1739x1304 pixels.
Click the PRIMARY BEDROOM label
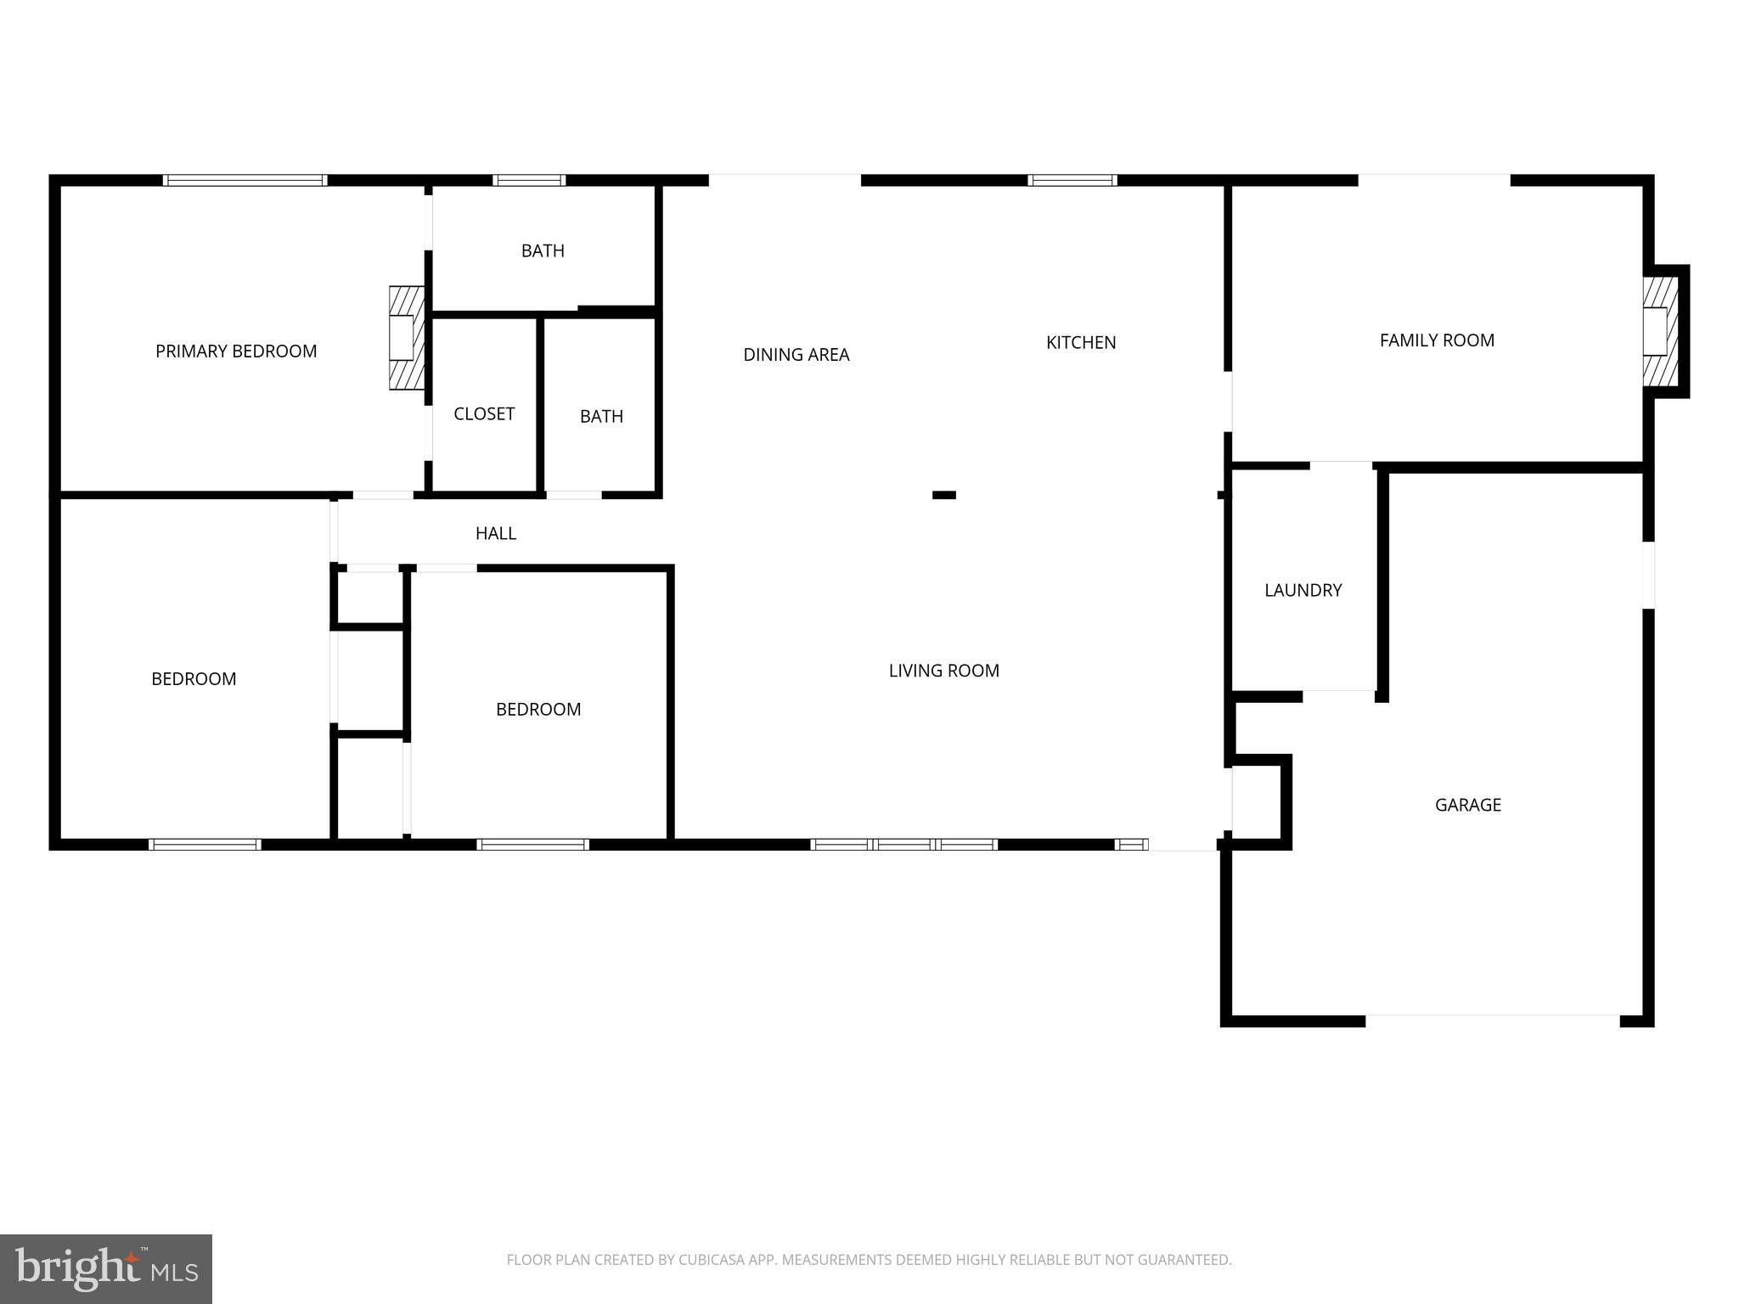click(x=236, y=351)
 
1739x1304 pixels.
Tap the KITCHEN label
click(x=1081, y=343)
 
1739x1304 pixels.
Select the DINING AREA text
click(x=796, y=355)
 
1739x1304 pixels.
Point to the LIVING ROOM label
click(x=943, y=671)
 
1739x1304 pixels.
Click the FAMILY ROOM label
click(x=1437, y=340)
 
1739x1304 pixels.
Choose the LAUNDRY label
click(x=1303, y=590)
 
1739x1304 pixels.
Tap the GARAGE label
click(x=1467, y=805)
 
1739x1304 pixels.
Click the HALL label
click(x=496, y=533)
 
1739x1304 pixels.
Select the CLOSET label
click(x=484, y=414)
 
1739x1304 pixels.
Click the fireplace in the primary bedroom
click(x=406, y=338)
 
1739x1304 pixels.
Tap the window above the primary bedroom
click(x=245, y=180)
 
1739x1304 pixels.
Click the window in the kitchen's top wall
click(x=1072, y=180)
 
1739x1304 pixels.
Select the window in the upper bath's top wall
click(x=528, y=180)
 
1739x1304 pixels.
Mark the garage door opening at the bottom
click(x=1492, y=1019)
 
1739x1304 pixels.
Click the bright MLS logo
click(x=105, y=1269)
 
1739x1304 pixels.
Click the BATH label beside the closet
click(x=601, y=417)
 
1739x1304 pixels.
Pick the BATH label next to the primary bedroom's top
click(x=543, y=251)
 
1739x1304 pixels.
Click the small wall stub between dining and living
click(x=943, y=495)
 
